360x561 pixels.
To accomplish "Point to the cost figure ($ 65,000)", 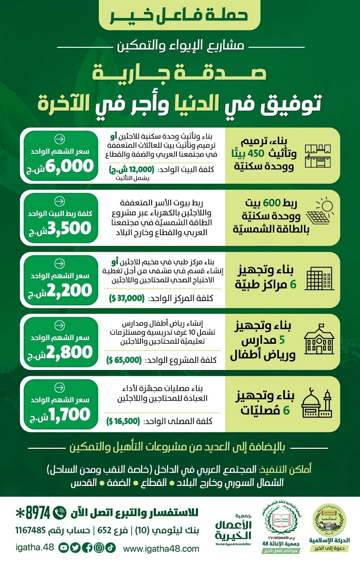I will tap(123, 360).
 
